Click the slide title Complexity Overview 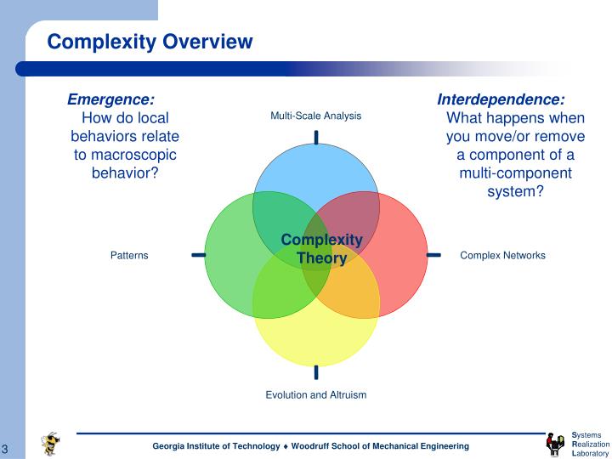point(150,42)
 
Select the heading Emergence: point(110,99)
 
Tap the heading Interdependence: point(501,99)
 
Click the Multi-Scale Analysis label point(315,116)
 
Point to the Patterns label point(129,255)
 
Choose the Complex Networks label point(502,255)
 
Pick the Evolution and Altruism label point(315,394)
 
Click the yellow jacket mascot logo point(52,443)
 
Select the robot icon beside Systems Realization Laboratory point(555,444)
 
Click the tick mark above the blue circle point(316,138)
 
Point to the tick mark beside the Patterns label point(198,254)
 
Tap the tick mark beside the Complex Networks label point(433,254)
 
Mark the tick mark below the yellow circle point(316,371)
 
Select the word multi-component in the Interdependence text point(515,173)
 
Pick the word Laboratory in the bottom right point(591,453)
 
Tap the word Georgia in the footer point(170,446)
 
